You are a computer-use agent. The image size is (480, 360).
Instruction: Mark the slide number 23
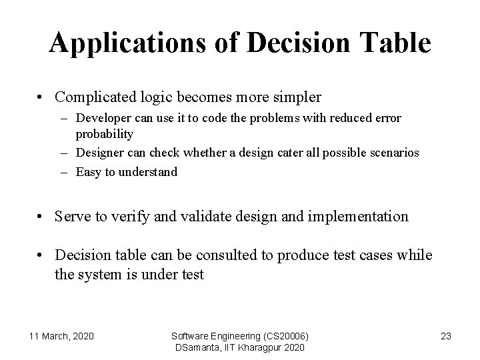pos(446,336)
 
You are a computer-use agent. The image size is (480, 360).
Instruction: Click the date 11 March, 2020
pos(61,336)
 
